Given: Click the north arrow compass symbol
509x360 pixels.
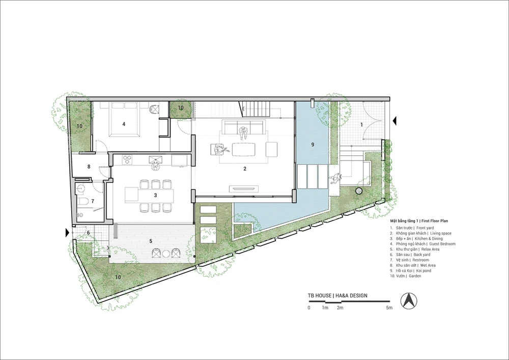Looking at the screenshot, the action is pyautogui.click(x=409, y=300).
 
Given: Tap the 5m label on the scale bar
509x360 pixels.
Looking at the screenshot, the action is pyautogui.click(x=389, y=308).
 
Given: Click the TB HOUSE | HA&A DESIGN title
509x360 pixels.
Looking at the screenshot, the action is pyautogui.click(x=337, y=296).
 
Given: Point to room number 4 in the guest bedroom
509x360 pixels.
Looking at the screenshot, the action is pyautogui.click(x=124, y=124).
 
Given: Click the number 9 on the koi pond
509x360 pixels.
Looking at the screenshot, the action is pyautogui.click(x=313, y=145).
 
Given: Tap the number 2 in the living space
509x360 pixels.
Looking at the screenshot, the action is pyautogui.click(x=245, y=169).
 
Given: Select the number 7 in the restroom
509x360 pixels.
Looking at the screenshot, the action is pyautogui.click(x=93, y=201).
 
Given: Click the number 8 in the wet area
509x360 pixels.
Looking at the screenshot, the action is pyautogui.click(x=89, y=167).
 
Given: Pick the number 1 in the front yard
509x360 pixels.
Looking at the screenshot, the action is pyautogui.click(x=361, y=124).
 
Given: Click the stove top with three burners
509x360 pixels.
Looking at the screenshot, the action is pyautogui.click(x=128, y=159).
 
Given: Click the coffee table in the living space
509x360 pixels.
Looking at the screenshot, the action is pyautogui.click(x=244, y=149).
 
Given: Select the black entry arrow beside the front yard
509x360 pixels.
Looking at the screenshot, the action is pyautogui.click(x=394, y=121).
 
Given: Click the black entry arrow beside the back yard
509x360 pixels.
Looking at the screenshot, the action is pyautogui.click(x=68, y=233).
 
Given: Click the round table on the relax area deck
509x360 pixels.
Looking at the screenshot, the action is pyautogui.click(x=166, y=254).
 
